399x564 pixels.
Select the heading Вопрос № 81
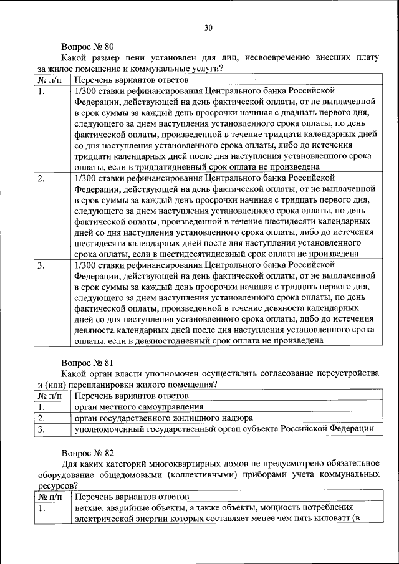[x=87, y=361]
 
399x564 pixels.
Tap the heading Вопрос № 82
[x=87, y=452]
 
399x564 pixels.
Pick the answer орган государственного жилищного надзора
[x=163, y=418]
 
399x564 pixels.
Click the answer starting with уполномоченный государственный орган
[x=224, y=429]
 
